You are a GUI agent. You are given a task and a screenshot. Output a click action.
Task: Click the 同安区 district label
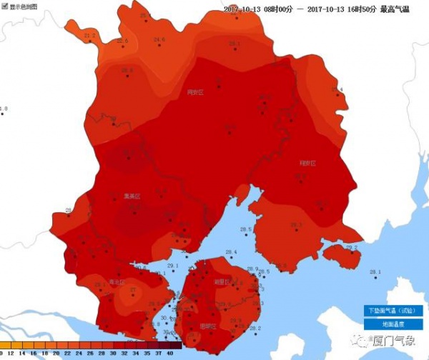[x=195, y=92]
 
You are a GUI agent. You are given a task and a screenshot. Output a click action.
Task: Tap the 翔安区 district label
[x=307, y=163]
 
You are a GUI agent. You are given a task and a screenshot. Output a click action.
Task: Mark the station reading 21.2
[x=89, y=35]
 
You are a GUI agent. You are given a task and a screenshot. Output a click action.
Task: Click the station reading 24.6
[x=159, y=39]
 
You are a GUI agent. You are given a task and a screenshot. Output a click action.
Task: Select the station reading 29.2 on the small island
[x=351, y=247]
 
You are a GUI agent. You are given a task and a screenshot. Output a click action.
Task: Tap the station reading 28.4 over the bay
[x=230, y=252]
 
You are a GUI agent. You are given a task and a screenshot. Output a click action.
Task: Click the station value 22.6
[x=122, y=41]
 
